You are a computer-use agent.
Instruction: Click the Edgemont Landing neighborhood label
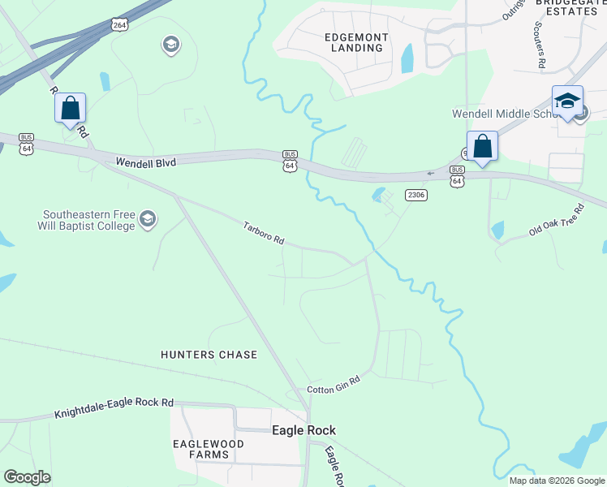(356, 42)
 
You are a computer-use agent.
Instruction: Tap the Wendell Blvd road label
(145, 162)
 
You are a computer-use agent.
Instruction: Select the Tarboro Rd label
(264, 233)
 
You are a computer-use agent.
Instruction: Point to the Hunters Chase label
(209, 355)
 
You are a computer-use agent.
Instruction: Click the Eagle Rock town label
(303, 430)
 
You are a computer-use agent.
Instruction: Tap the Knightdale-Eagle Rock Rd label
(114, 408)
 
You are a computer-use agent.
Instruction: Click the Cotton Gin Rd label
(333, 390)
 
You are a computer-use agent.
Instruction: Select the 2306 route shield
(416, 195)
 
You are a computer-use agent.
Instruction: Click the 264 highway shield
(120, 25)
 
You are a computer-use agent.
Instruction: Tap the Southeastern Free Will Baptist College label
(89, 220)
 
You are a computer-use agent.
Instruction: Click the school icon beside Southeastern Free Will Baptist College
(148, 218)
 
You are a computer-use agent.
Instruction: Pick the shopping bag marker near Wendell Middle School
(482, 147)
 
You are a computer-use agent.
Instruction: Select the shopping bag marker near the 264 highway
(70, 108)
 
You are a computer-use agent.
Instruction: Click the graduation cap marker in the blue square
(567, 101)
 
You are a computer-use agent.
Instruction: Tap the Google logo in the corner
(27, 477)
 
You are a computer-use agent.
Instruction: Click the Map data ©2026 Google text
(557, 481)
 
